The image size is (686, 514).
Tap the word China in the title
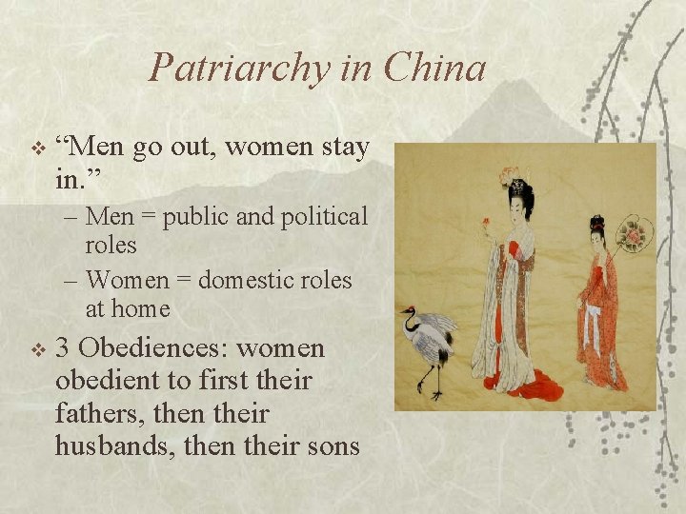(435, 69)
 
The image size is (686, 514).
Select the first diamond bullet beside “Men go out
(37, 149)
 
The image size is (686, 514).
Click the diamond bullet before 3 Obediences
(37, 350)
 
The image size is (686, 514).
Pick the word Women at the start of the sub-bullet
(128, 281)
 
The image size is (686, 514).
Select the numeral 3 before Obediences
(64, 348)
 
